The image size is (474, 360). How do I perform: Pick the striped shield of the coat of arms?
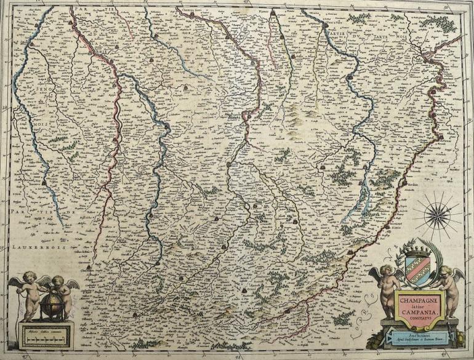(417, 271)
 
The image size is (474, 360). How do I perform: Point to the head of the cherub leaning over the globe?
(57, 281)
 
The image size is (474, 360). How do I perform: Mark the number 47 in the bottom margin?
(26, 355)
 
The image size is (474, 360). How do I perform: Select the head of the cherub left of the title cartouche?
(385, 271)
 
